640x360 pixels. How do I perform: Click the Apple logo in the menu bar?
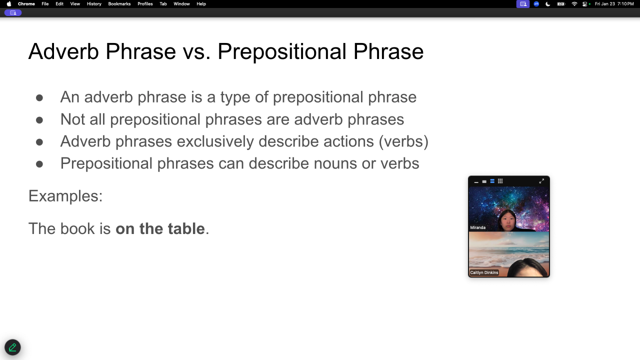click(9, 3)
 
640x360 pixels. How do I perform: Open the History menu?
click(94, 3)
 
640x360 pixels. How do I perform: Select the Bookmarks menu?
click(119, 3)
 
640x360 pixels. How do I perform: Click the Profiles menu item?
click(145, 3)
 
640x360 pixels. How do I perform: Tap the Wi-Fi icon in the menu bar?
click(574, 3)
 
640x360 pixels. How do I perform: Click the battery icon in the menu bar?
click(561, 3)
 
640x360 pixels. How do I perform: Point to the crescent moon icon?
click(547, 3)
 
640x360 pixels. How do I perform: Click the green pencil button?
click(12, 347)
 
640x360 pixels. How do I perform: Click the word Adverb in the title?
click(63, 51)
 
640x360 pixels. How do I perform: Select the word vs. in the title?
click(196, 52)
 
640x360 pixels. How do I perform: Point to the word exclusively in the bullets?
click(215, 141)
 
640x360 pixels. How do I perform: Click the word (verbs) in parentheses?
click(403, 141)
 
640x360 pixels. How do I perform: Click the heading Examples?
click(65, 196)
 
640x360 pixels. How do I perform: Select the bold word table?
click(186, 228)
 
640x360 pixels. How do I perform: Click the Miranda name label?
click(477, 227)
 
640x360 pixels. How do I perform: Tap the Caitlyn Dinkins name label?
click(484, 272)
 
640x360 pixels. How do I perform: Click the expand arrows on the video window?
click(541, 181)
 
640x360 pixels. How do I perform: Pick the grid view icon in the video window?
click(500, 181)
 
